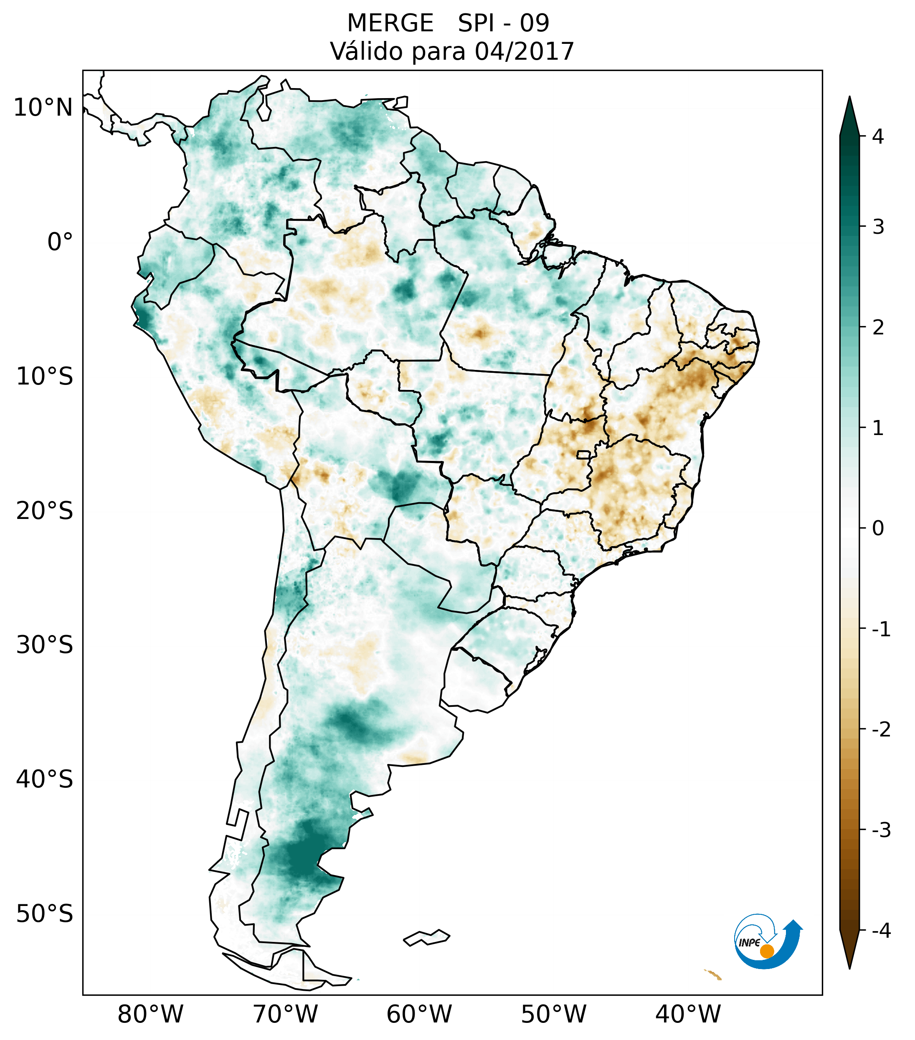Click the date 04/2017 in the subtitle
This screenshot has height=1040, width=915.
point(524,51)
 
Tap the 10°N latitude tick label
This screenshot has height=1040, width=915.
point(43,108)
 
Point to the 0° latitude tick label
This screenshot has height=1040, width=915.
point(60,242)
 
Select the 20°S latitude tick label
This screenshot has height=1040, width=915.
point(45,511)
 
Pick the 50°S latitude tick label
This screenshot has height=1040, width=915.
point(45,914)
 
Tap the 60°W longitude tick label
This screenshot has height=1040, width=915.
point(419,1014)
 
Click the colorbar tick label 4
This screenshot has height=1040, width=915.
point(878,137)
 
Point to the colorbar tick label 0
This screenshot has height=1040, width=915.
point(878,529)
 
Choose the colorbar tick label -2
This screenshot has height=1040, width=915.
point(881,730)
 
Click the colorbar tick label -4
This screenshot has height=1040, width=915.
point(881,931)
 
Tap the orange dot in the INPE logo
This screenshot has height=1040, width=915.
point(766,951)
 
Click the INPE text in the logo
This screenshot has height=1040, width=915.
point(749,943)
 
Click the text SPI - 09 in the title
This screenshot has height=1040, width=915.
point(503,23)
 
